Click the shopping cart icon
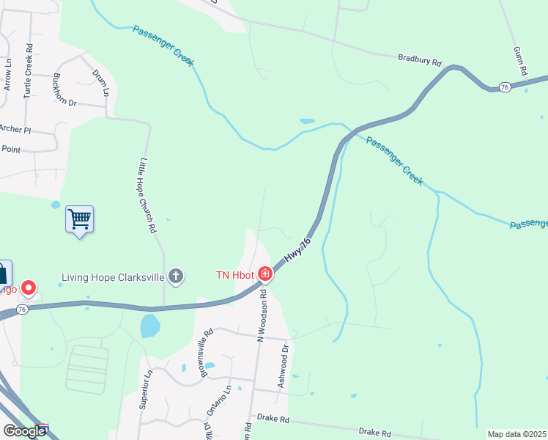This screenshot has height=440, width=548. (x=79, y=219)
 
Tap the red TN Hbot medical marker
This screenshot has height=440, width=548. (x=264, y=275)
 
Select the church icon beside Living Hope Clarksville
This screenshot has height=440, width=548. (x=175, y=276)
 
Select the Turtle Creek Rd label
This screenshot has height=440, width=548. (x=29, y=76)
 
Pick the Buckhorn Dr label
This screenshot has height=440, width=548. (x=64, y=90)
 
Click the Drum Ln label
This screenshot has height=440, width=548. (x=100, y=83)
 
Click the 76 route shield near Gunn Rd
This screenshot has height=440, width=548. (x=504, y=87)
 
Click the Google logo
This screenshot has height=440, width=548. (x=24, y=431)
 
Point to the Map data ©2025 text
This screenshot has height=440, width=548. (x=516, y=434)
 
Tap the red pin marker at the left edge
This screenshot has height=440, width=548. (x=29, y=288)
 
